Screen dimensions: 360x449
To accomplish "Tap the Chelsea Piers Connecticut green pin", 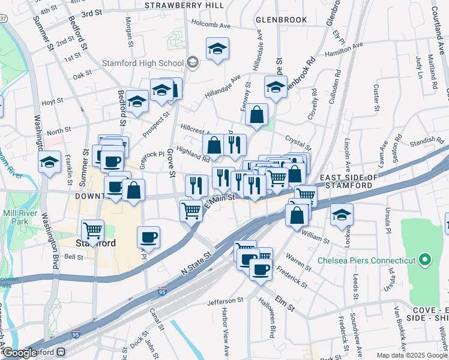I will click(426, 260).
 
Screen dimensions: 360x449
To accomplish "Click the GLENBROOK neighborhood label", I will click(281, 20).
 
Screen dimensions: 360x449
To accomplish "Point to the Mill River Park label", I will click(15, 217).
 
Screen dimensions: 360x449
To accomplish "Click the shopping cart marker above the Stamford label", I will click(92, 230).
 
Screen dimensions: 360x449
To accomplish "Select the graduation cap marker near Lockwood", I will click(342, 215).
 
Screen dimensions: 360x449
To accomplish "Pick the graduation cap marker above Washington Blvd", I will click(50, 161).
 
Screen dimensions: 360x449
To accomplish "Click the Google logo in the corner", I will click(20, 353).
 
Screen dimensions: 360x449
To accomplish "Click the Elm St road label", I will click(285, 303).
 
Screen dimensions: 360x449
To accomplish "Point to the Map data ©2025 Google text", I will click(412, 355).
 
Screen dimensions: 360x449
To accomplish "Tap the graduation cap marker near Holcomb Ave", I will click(217, 49).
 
